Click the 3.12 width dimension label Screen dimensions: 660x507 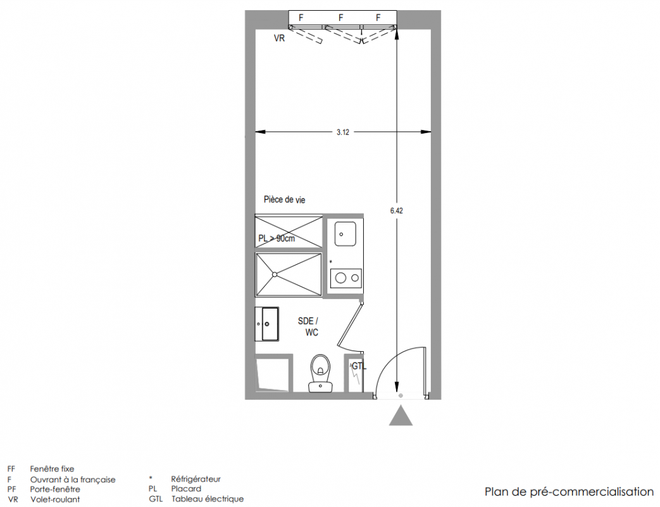tap(342, 132)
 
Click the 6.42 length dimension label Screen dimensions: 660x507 tap(397, 211)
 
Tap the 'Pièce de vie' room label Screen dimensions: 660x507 tap(285, 200)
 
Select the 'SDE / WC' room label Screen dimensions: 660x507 tap(309, 326)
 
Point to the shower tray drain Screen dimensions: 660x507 tap(275, 274)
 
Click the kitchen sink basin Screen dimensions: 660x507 tap(345, 234)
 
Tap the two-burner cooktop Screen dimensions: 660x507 tap(346, 278)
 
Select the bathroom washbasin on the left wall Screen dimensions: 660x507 tap(267, 324)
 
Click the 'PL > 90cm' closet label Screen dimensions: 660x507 tap(277, 238)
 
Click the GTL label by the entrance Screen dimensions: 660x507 tap(359, 366)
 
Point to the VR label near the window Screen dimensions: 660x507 tap(279, 39)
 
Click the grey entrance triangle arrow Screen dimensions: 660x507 tap(401, 416)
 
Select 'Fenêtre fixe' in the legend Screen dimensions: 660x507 tap(52, 468)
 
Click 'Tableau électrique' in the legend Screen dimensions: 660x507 tap(208, 499)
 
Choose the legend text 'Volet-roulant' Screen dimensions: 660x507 tap(55, 499)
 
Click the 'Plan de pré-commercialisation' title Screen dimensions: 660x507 tap(569, 492)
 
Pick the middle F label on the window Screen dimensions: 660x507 tap(340, 18)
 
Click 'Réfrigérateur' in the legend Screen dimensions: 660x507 tap(196, 479)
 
